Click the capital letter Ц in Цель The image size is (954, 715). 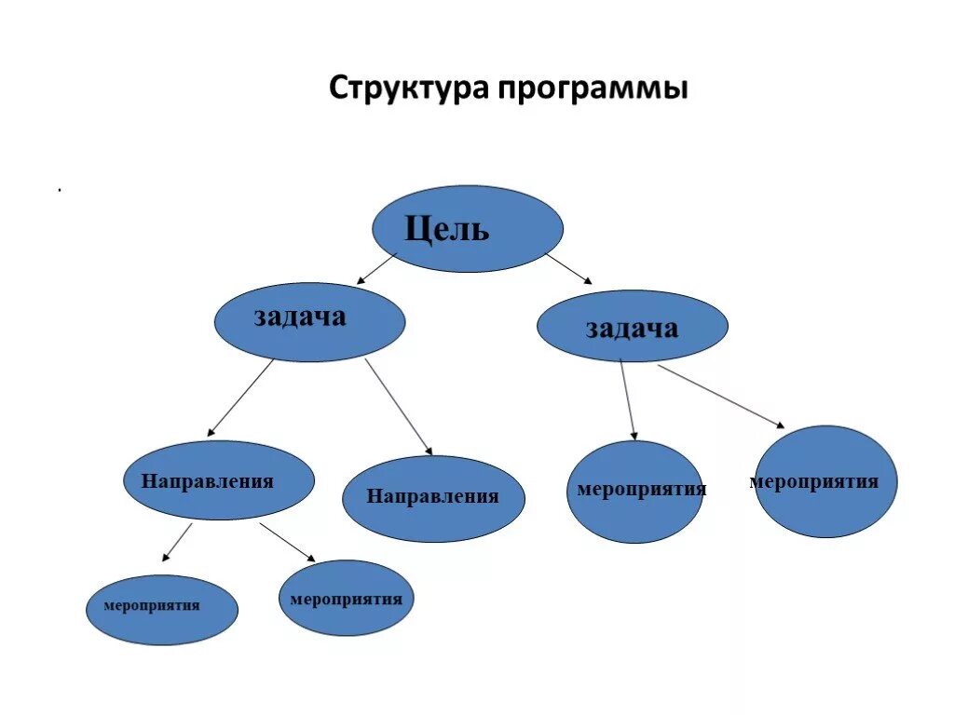[416, 228]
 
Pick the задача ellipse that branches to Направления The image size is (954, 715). [309, 321]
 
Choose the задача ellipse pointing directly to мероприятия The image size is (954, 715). [633, 326]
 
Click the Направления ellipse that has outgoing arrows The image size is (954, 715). [219, 480]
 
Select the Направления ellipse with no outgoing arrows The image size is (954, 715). [433, 498]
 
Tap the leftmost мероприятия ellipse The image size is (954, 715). [162, 610]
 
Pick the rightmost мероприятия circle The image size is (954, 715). [825, 481]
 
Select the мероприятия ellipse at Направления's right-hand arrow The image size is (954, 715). [347, 598]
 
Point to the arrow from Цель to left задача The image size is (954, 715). [377, 267]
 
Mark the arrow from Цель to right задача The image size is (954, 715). [567, 268]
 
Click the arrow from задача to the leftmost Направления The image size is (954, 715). [240, 398]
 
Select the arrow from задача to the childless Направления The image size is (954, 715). [399, 407]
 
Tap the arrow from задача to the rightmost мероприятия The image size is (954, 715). [721, 396]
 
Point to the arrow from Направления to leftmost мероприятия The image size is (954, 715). [177, 542]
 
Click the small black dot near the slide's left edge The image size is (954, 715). [60, 191]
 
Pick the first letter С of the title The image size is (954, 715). [339, 89]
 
